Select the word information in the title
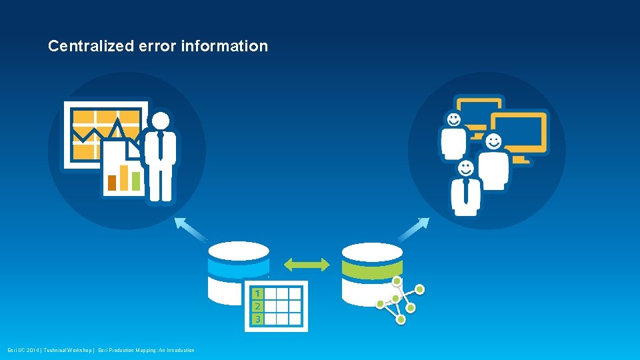pyautogui.click(x=224, y=47)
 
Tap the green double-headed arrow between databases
pyautogui.click(x=307, y=265)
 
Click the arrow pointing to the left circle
pyautogui.click(x=191, y=228)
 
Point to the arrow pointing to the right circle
pyautogui.click(x=413, y=229)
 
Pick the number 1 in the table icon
pyautogui.click(x=257, y=293)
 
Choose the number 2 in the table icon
pyautogui.click(x=257, y=307)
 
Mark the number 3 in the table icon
pyautogui.click(x=257, y=319)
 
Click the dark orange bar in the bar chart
pyautogui.click(x=112, y=183)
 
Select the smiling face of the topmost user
pyautogui.click(x=454, y=120)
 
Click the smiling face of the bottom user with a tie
pyautogui.click(x=465, y=169)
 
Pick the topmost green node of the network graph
pyautogui.click(x=398, y=281)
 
